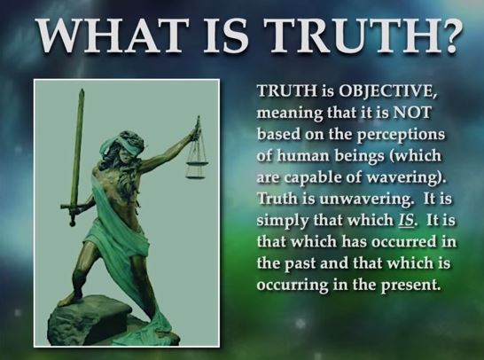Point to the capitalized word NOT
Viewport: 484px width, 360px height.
tap(411, 113)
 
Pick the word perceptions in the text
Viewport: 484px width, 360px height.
tap(402, 136)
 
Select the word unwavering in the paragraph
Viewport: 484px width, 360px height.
tap(366, 199)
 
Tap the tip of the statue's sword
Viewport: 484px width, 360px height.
tap(82, 90)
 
